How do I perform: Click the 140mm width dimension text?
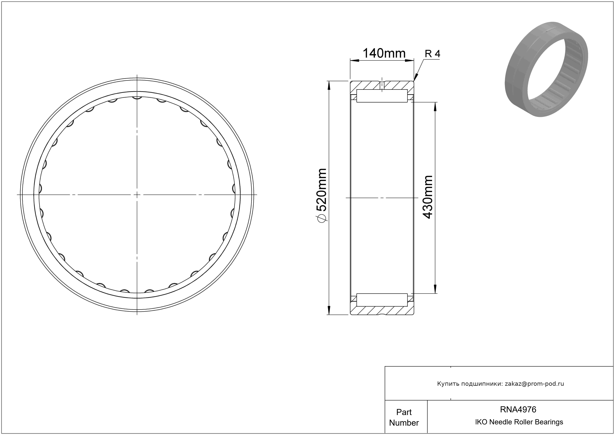pos(384,53)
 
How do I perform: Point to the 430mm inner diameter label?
pos(427,197)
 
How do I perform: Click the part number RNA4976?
pos(518,409)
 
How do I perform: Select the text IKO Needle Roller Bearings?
pos(519,422)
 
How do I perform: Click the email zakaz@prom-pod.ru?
pos(534,384)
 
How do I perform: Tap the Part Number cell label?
pos(404,417)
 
